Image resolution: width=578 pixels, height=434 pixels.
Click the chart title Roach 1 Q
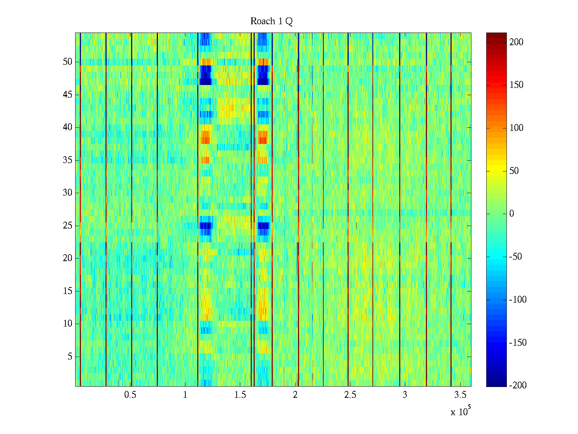coord(271,21)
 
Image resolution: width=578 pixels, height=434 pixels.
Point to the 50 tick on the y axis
coord(68,62)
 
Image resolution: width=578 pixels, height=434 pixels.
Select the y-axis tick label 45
coord(68,95)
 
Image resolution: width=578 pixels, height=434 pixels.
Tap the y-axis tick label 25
coord(68,226)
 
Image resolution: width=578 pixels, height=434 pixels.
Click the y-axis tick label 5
coord(70,357)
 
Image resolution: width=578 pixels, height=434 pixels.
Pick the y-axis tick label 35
coord(68,160)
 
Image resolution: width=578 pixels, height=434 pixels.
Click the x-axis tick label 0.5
coord(130,395)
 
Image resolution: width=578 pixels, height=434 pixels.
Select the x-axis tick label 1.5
coord(240,395)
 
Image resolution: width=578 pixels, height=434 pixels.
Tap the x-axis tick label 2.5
coord(350,395)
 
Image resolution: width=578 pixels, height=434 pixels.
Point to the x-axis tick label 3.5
coord(460,395)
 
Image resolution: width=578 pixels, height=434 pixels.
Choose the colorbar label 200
coord(516,42)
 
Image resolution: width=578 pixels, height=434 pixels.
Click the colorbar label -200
coord(518,386)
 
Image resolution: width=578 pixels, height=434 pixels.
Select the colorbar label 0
coord(512,214)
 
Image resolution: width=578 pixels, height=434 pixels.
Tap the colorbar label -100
coord(518,300)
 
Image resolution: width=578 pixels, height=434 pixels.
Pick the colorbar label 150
coord(516,85)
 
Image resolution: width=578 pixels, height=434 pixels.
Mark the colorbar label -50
coord(516,257)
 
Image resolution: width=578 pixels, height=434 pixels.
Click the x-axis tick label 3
coord(405,395)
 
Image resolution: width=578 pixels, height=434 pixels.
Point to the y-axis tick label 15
coord(68,291)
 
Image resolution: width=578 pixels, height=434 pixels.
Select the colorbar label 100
coord(516,128)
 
